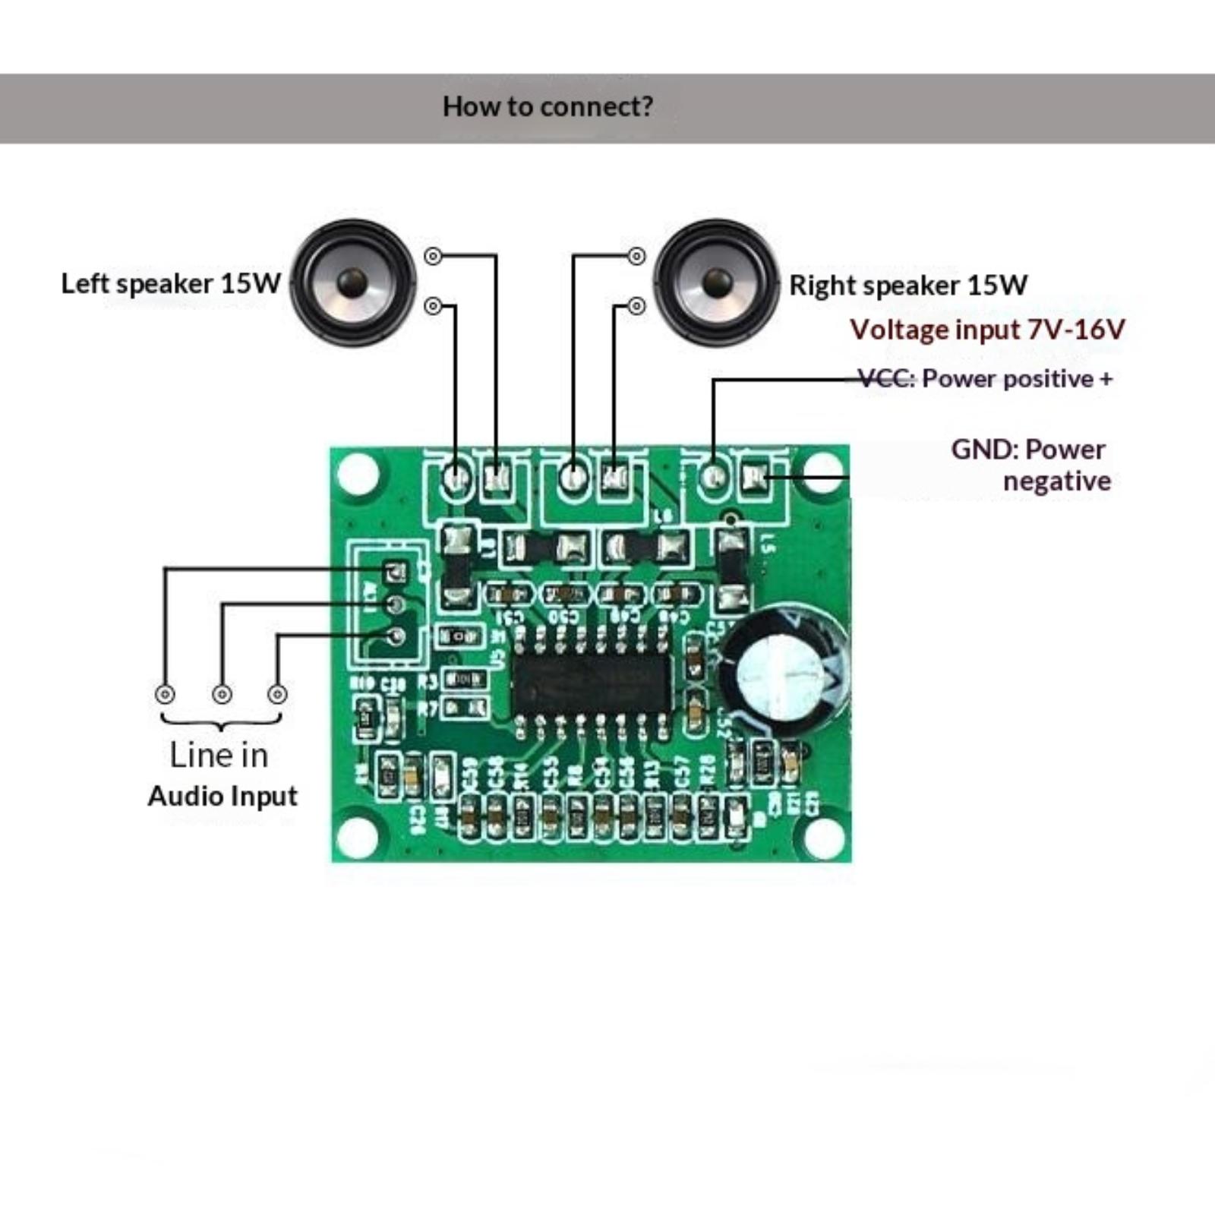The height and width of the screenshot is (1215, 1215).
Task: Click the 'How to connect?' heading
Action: pyautogui.click(x=548, y=107)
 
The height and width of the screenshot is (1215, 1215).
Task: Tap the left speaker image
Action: pyautogui.click(x=353, y=282)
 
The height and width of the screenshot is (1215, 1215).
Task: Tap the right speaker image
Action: pyautogui.click(x=716, y=282)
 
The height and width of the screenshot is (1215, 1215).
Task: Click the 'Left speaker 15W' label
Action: pyautogui.click(x=171, y=284)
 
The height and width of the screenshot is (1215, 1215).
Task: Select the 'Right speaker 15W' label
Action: pyautogui.click(x=908, y=286)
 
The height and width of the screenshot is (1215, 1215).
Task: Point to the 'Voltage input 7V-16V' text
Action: pyautogui.click(x=986, y=330)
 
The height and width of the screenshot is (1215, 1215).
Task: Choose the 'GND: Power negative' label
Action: pyautogui.click(x=1030, y=465)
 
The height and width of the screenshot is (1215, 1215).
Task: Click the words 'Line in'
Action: pyautogui.click(x=219, y=755)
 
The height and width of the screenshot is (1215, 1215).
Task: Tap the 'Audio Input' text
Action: pyautogui.click(x=222, y=796)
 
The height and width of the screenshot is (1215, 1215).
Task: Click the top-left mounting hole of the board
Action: pyautogui.click(x=358, y=472)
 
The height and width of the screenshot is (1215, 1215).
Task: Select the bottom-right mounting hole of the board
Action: pyautogui.click(x=823, y=835)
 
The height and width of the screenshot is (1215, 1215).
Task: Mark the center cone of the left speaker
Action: pyautogui.click(x=352, y=282)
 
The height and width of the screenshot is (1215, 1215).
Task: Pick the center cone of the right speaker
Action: pyautogui.click(x=716, y=282)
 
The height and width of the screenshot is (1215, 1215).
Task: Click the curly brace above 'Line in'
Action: pyautogui.click(x=221, y=721)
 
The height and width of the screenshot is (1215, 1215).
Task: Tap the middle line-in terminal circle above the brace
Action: pyautogui.click(x=222, y=694)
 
